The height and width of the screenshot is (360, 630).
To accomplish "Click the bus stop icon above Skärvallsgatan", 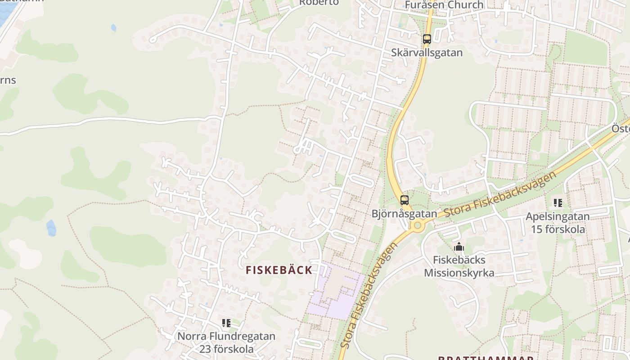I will (x=427, y=39).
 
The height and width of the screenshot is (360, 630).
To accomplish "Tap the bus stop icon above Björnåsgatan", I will (x=404, y=200).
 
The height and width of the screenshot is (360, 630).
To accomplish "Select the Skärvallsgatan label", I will (x=427, y=53).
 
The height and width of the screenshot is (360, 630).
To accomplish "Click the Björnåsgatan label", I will (x=404, y=214).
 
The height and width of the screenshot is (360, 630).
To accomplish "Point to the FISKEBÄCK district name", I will (x=279, y=270).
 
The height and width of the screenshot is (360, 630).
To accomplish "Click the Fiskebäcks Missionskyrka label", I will (x=459, y=266).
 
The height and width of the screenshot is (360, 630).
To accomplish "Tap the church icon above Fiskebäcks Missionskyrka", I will (x=459, y=247).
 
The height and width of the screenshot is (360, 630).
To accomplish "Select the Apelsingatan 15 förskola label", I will (x=558, y=223).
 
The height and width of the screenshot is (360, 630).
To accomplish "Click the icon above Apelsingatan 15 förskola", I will (x=558, y=203).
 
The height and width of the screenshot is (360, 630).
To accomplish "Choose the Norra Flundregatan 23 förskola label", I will (x=226, y=342).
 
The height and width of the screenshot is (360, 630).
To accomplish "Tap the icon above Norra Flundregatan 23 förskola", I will (x=226, y=323).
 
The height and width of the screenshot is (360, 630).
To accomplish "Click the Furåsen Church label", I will (x=444, y=5).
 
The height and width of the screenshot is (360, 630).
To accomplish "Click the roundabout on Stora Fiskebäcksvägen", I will (x=418, y=225).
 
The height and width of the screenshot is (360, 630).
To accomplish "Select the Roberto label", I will (x=319, y=2).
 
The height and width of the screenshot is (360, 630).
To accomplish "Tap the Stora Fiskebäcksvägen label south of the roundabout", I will (x=369, y=295).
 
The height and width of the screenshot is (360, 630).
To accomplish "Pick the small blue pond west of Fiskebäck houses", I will (x=51, y=228).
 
